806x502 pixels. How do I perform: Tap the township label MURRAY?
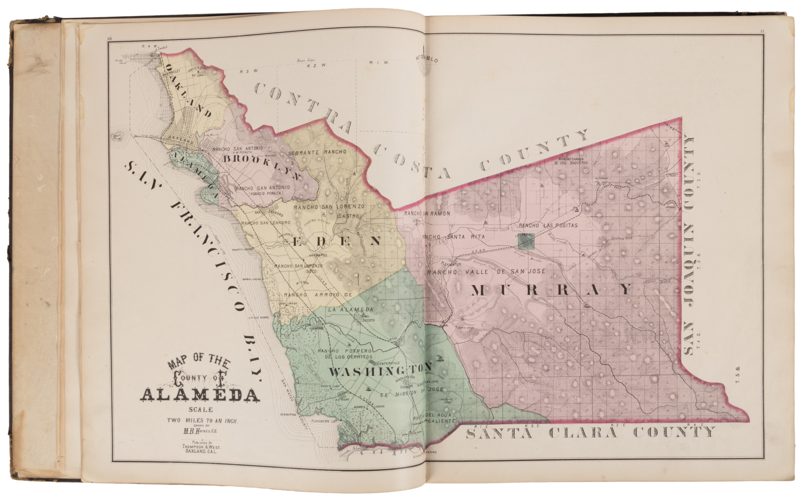click(x=551, y=290)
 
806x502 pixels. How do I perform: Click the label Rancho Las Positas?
click(x=548, y=225)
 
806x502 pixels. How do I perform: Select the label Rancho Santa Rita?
click(x=453, y=237)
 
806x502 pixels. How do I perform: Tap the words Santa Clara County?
click(x=590, y=433)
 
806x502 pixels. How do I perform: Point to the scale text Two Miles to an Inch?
click(x=203, y=421)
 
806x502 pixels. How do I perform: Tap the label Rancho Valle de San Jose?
click(x=486, y=272)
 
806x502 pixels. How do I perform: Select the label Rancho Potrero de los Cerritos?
click(x=345, y=354)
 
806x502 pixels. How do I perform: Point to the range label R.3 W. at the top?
click(x=244, y=71)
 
